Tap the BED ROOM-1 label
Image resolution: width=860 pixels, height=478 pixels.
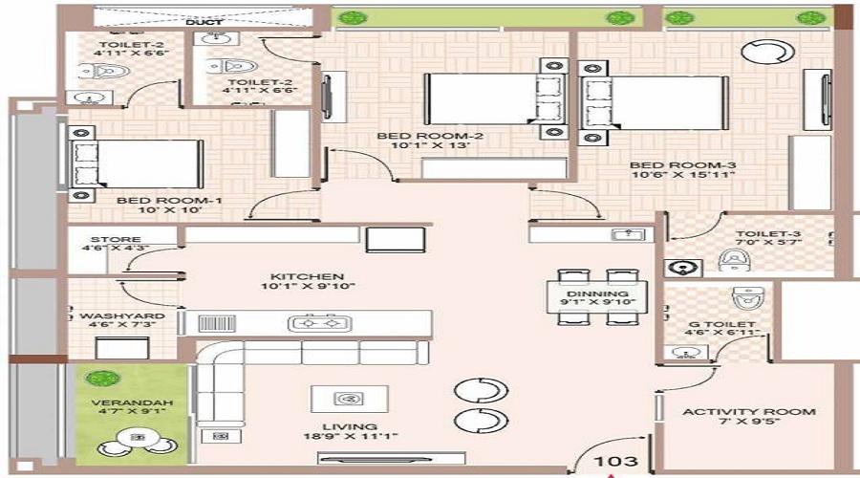pos(156,201)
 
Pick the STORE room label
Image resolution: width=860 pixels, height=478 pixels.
pos(109,241)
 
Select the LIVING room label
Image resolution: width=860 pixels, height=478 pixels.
pos(349,427)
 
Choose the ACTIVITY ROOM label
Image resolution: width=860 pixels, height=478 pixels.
pos(748,412)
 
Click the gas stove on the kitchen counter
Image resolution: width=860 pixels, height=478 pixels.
pos(316,324)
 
